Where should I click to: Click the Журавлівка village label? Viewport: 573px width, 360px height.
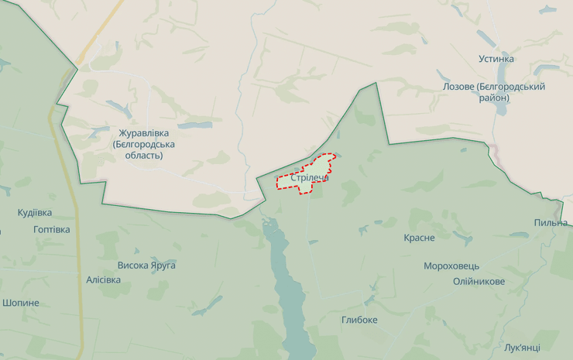[x=143, y=133]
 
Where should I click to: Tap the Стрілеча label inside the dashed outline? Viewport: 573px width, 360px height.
[x=309, y=177]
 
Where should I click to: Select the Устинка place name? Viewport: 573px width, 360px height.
[x=496, y=59]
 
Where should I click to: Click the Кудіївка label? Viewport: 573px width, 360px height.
[x=35, y=212]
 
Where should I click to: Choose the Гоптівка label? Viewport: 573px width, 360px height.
[x=52, y=230]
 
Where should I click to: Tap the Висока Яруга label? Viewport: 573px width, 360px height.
[x=146, y=266]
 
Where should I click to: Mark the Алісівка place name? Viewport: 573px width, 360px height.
[x=103, y=279]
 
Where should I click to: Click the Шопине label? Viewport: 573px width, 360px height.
[x=20, y=303]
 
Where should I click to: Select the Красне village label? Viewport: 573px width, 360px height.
[x=419, y=238]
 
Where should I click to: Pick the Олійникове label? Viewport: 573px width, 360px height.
[x=479, y=281]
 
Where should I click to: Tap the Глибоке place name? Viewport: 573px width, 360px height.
[x=359, y=320]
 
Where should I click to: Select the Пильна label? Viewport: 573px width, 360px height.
[x=551, y=223]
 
